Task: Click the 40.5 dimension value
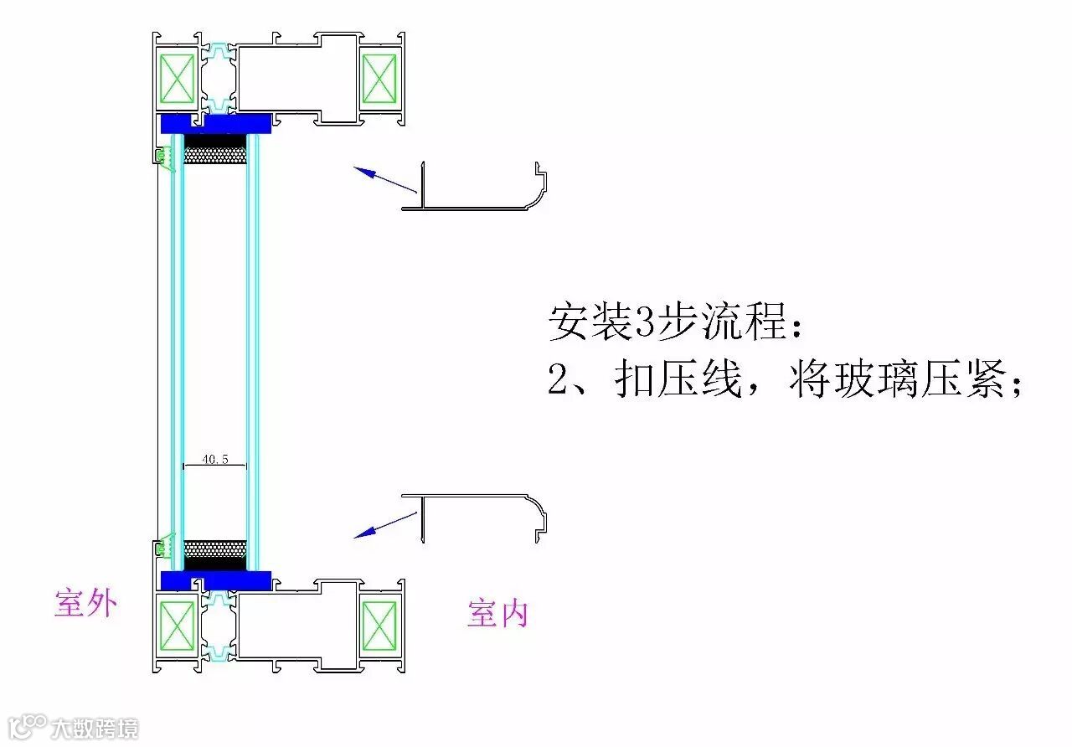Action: (x=214, y=460)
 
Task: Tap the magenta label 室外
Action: (x=85, y=603)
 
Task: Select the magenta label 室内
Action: (x=497, y=614)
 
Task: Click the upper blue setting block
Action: (x=215, y=124)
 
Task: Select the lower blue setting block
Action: (x=215, y=580)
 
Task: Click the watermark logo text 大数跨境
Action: (x=94, y=729)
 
